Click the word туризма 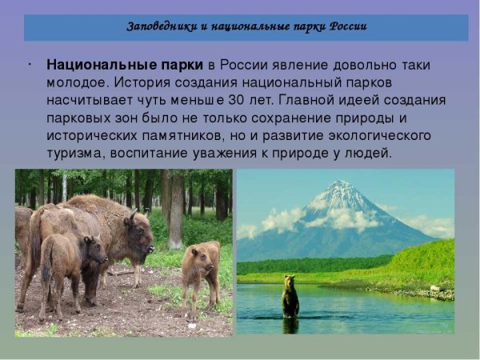tap(74, 153)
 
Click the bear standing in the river tap(290, 297)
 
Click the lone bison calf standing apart tap(199, 276)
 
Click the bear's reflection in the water tap(290, 324)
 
